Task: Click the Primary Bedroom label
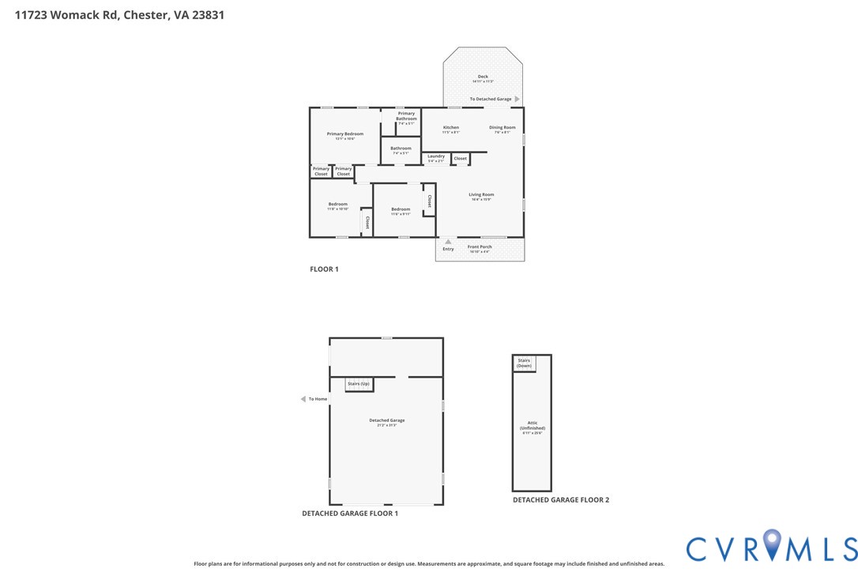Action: [x=345, y=134]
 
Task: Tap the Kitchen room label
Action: [x=451, y=128]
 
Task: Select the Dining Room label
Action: [x=502, y=128]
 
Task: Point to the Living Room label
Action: [x=481, y=195]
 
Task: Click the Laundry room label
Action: [x=436, y=156]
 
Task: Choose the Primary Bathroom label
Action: [x=406, y=116]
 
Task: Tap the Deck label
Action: [x=483, y=77]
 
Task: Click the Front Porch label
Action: [x=480, y=247]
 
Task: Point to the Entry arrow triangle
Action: [x=448, y=242]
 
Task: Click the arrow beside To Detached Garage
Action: [x=517, y=99]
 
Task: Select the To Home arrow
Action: [x=303, y=399]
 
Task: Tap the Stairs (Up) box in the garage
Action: [x=359, y=384]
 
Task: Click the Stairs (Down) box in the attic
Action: [x=525, y=363]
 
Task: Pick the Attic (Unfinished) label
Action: [x=532, y=426]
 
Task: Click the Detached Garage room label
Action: [x=387, y=420]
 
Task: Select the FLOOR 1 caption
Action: [x=324, y=269]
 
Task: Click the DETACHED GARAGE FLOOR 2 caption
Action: [x=561, y=499]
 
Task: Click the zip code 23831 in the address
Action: [x=209, y=14]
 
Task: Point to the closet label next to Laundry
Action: [x=460, y=159]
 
